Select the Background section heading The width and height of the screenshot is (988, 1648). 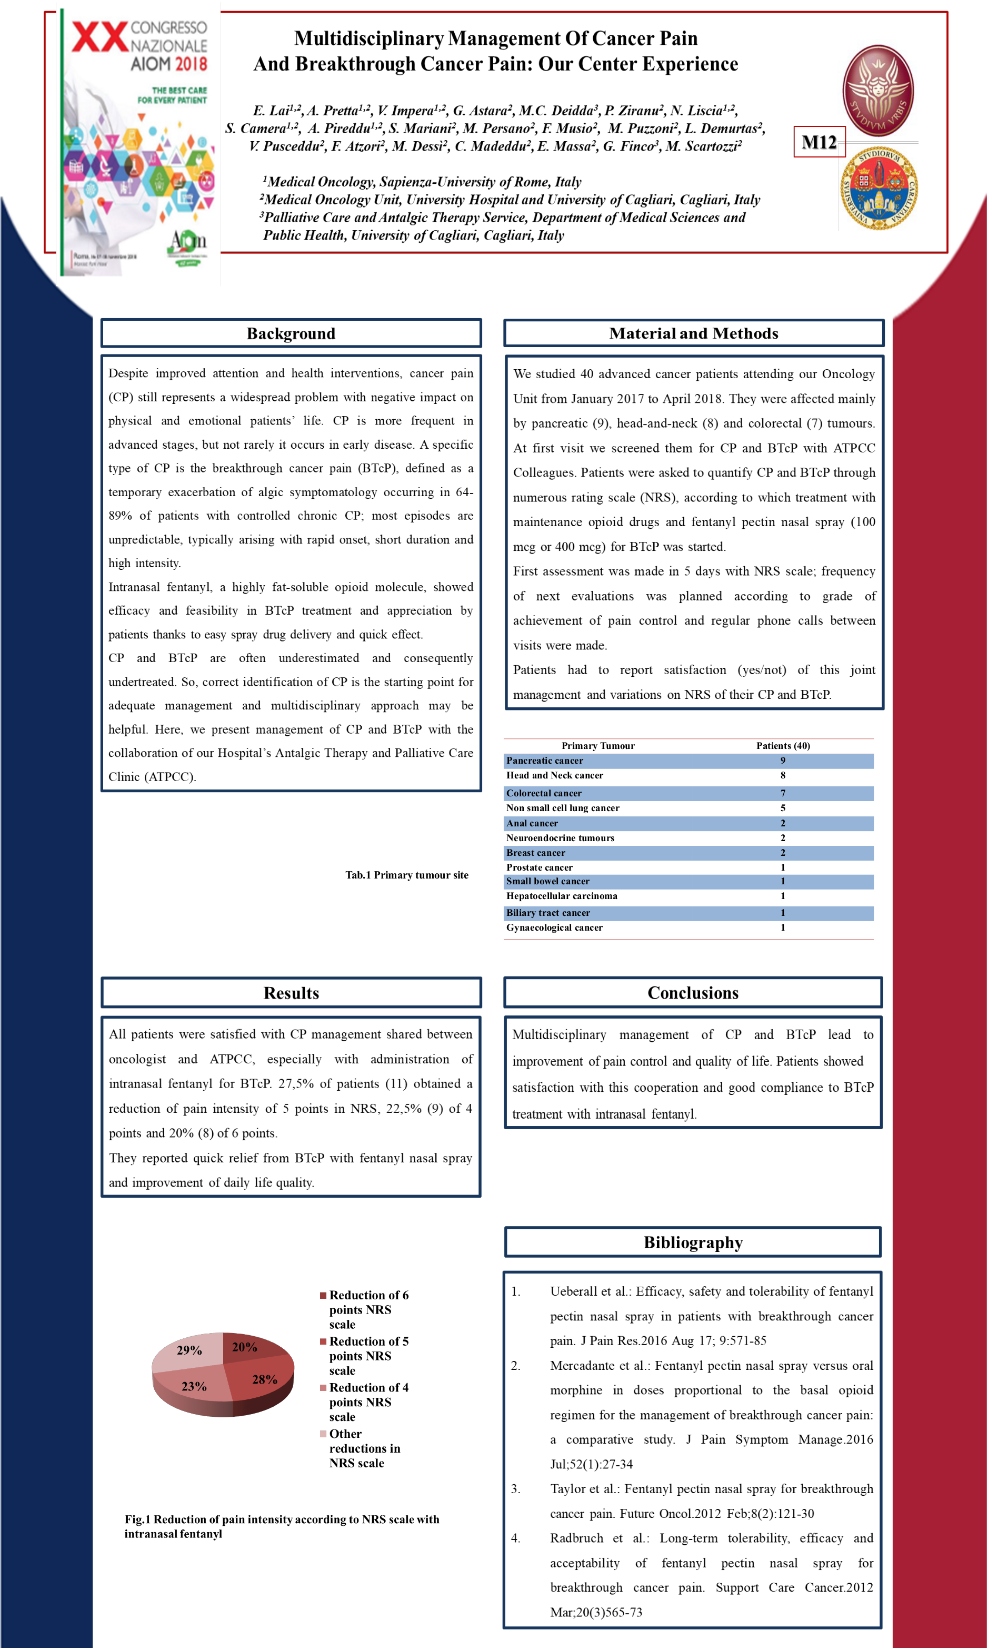tap(291, 333)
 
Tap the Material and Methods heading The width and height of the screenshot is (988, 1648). tap(693, 333)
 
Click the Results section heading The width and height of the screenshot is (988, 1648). tap(291, 992)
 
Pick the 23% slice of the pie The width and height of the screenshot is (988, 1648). tap(194, 1386)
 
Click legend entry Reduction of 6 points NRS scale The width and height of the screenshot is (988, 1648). tap(368, 1309)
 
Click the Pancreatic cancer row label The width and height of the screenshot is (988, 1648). tap(545, 761)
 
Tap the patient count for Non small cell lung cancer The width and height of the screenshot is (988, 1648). tap(783, 808)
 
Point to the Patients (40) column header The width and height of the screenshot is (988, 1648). tap(783, 745)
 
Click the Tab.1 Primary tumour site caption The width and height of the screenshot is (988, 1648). tap(406, 875)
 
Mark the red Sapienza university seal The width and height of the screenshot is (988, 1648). tap(878, 91)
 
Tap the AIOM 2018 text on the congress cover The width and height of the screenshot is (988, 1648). tap(168, 64)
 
